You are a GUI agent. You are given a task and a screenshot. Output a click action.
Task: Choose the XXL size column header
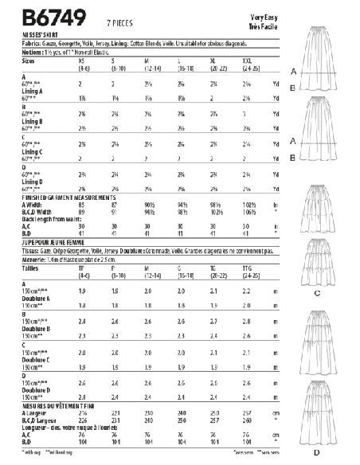(247, 59)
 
